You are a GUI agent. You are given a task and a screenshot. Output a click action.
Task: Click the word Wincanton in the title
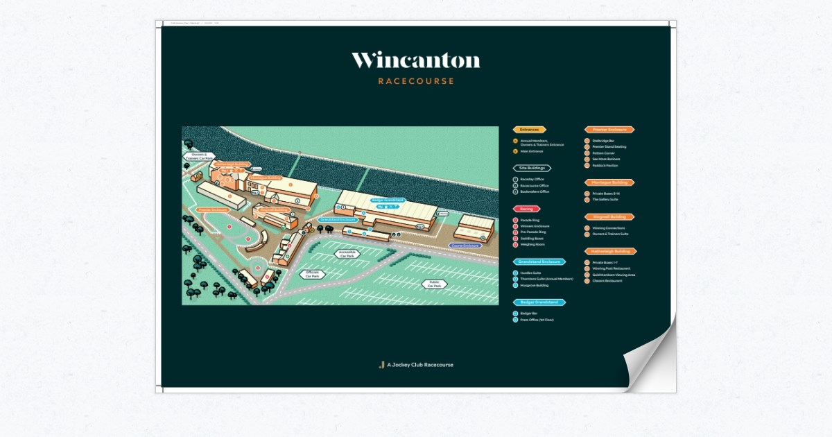415,61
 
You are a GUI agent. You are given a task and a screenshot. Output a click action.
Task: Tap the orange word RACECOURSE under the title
416,81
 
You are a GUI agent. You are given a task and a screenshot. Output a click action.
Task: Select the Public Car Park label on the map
435,284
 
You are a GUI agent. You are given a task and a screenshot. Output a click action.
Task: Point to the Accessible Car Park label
348,254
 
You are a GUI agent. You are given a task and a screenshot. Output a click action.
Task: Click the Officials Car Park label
312,274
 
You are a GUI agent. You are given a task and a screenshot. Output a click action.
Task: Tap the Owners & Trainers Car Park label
199,157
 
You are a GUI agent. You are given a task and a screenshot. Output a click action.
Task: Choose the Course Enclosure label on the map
465,246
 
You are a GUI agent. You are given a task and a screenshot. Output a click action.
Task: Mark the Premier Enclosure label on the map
213,209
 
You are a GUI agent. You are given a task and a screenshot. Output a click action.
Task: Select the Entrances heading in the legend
529,130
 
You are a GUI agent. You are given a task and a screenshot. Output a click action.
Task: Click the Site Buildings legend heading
532,168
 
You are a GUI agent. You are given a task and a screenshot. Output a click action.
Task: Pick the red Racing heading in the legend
526,208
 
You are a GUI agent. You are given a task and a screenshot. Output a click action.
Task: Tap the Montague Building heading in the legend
609,182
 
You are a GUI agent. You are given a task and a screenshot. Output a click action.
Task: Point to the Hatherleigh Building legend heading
610,251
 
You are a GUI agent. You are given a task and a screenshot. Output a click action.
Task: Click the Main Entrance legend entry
533,151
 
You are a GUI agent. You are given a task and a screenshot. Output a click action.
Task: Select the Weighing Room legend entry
532,244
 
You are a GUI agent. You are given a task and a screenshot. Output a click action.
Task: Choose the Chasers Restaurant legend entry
607,281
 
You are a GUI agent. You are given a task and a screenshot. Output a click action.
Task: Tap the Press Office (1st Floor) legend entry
537,320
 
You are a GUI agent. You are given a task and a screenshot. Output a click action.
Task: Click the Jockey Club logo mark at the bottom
381,365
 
